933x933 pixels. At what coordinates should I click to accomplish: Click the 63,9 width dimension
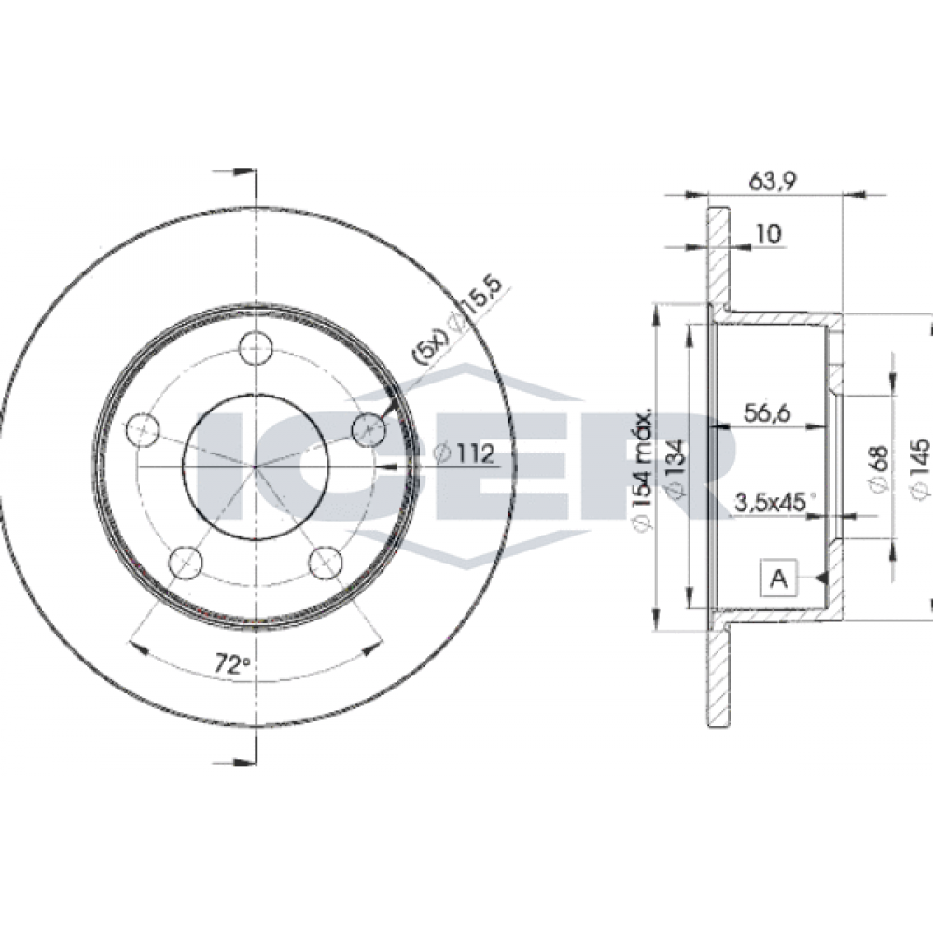(773, 180)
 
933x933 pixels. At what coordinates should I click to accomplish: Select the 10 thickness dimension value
(768, 234)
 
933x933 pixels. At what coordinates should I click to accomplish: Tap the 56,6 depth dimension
(766, 412)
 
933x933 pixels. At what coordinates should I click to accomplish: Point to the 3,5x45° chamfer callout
(774, 502)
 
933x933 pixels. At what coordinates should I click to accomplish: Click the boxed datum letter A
(779, 578)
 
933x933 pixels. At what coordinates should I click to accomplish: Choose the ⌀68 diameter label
(880, 468)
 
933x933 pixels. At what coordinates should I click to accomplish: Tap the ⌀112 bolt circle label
(464, 453)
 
